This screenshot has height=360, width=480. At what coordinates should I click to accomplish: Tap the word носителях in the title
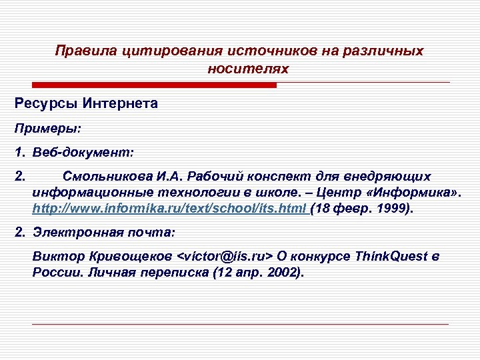247,69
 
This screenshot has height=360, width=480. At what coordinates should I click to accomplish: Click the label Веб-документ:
83,153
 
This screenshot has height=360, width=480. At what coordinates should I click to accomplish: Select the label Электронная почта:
103,233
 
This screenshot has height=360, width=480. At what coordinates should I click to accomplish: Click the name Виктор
54,257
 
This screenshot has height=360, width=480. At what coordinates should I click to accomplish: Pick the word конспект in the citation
273,177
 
